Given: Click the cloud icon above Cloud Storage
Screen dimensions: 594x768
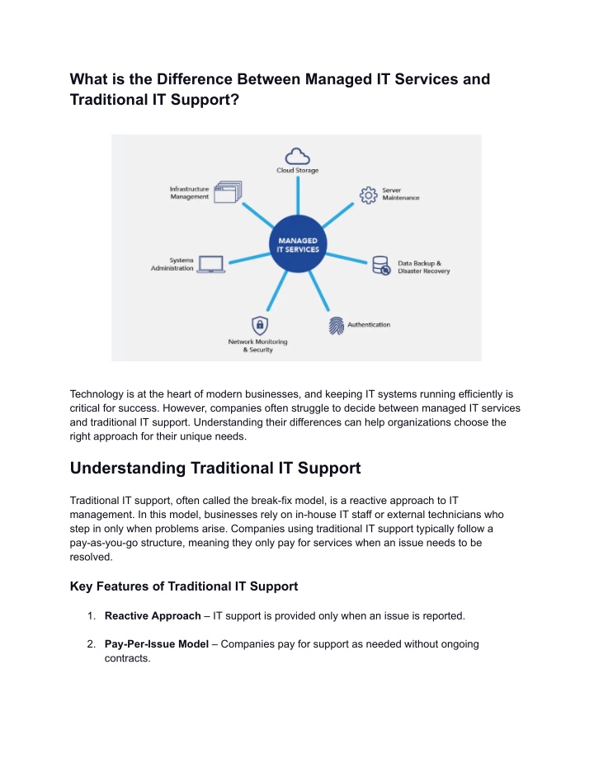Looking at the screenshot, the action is pos(297,158).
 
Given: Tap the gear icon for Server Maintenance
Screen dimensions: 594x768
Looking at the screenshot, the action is pos(368,195).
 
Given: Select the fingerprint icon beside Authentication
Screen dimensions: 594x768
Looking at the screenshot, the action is pos(337,326).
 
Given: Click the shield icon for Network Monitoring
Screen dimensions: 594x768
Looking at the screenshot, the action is pos(260,325).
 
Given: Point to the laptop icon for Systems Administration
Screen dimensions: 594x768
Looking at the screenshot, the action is pos(211,265).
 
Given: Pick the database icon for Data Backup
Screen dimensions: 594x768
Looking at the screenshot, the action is pos(381,265).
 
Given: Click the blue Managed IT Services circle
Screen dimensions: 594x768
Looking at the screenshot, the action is pos(298,244).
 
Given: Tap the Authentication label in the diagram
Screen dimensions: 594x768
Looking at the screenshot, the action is pos(369,325).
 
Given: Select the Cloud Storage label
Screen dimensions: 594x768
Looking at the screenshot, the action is pos(297,171).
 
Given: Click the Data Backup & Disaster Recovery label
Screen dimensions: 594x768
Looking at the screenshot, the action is pos(423,267).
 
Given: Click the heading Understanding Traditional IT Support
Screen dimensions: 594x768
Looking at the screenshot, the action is pos(215,469).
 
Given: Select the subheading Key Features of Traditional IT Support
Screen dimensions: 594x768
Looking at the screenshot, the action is pos(184,587).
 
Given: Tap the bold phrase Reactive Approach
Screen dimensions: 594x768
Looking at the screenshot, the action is pos(153,615).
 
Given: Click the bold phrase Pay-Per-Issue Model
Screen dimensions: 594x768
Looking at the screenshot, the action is pos(157,644).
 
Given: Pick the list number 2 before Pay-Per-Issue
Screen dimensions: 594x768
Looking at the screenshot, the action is pos(91,644).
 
